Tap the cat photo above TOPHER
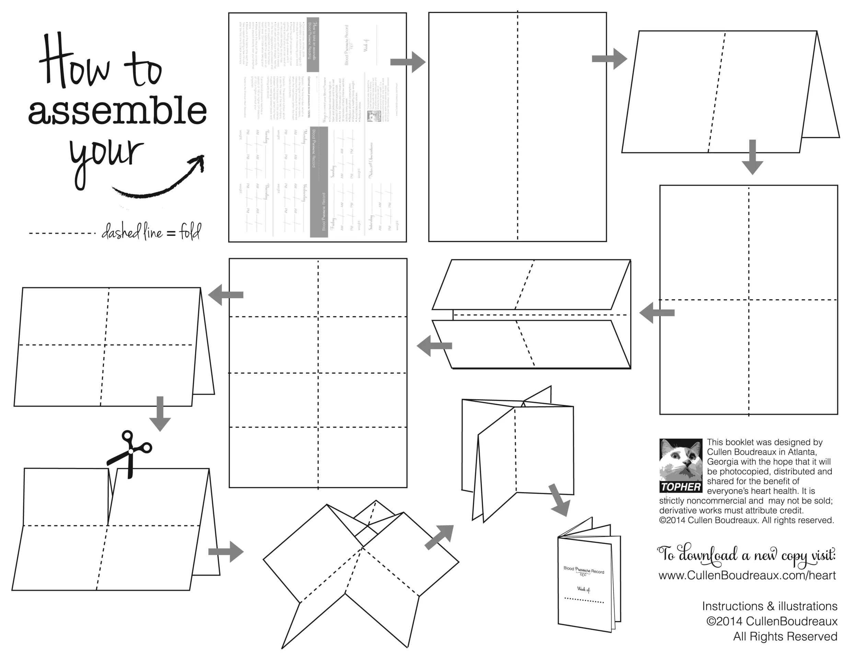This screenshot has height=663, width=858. point(681,460)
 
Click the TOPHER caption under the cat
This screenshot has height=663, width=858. point(681,487)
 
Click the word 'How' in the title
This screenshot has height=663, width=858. point(74,63)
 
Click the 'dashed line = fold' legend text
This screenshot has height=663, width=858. point(151,233)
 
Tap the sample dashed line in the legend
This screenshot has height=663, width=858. point(62,233)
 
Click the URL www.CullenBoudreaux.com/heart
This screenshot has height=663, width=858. point(747,575)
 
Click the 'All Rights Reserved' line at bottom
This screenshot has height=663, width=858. point(785,636)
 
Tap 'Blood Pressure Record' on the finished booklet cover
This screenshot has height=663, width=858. point(584,570)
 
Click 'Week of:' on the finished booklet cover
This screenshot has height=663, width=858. point(583,589)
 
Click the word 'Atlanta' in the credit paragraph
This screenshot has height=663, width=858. point(801,452)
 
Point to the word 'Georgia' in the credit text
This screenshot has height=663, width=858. point(721,462)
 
